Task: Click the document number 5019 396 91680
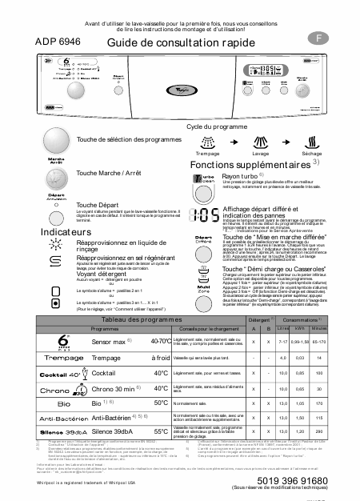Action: (304, 479)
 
